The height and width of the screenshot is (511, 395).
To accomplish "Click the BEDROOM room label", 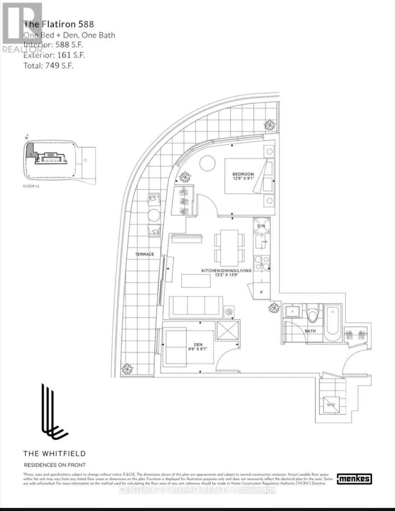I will click(x=243, y=174).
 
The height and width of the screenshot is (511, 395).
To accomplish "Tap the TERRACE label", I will click(x=145, y=254).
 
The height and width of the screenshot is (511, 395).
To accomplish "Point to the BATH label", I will click(x=310, y=330).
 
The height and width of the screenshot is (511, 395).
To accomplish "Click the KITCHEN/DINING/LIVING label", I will click(x=226, y=270).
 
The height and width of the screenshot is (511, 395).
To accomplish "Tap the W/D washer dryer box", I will click(x=332, y=405).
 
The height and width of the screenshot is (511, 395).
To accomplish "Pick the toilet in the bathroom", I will click(x=314, y=315).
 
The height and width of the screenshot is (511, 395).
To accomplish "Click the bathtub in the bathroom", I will click(x=332, y=323).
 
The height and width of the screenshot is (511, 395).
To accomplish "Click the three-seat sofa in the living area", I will click(x=196, y=307).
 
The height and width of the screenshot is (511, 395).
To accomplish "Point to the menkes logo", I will click(x=354, y=479).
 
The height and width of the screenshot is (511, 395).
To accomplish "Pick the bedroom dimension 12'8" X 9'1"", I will click(x=243, y=179).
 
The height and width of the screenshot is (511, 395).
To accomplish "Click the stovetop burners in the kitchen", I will click(x=261, y=263).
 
